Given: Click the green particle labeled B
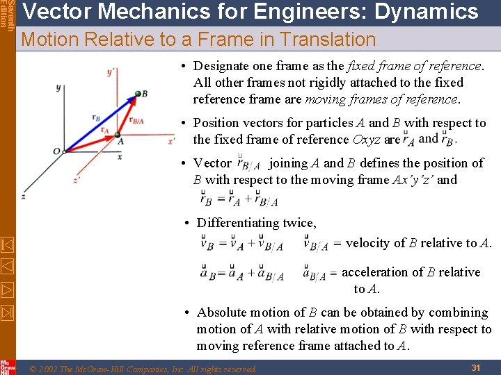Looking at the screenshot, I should coord(136,94).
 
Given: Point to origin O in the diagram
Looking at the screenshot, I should coord(56,151).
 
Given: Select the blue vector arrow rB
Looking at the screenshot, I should coord(97,121).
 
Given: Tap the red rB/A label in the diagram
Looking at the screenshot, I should coord(136,121).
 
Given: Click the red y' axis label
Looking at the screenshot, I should coord(111,72).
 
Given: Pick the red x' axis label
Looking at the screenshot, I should coord(170,141).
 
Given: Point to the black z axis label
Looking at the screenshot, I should coord(24,197).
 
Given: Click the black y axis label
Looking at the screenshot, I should coord(58,88).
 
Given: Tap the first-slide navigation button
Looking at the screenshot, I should coord(7,244).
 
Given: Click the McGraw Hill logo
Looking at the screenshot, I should coord(8,366).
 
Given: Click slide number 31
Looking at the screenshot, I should coord(477,367).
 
